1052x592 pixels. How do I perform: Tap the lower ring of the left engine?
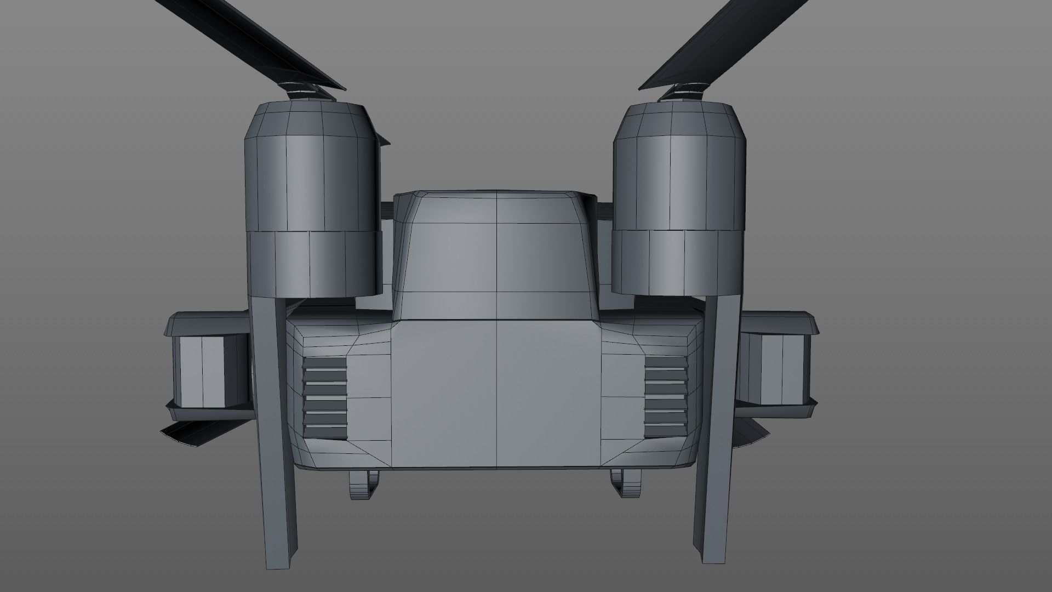(x=312, y=263)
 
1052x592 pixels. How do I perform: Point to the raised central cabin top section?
(x=496, y=258)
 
